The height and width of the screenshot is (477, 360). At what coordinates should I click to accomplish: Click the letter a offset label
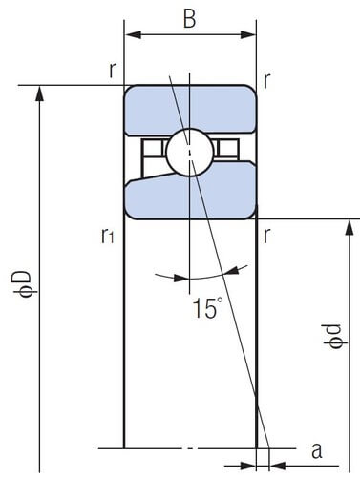coord(317,450)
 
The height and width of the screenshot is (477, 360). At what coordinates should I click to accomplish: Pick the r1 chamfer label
coord(107,236)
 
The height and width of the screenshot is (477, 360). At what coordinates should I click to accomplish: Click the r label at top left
coord(112,71)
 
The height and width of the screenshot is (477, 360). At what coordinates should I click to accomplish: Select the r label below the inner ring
coord(267,236)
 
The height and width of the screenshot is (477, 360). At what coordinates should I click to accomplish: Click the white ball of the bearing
coord(190,152)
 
